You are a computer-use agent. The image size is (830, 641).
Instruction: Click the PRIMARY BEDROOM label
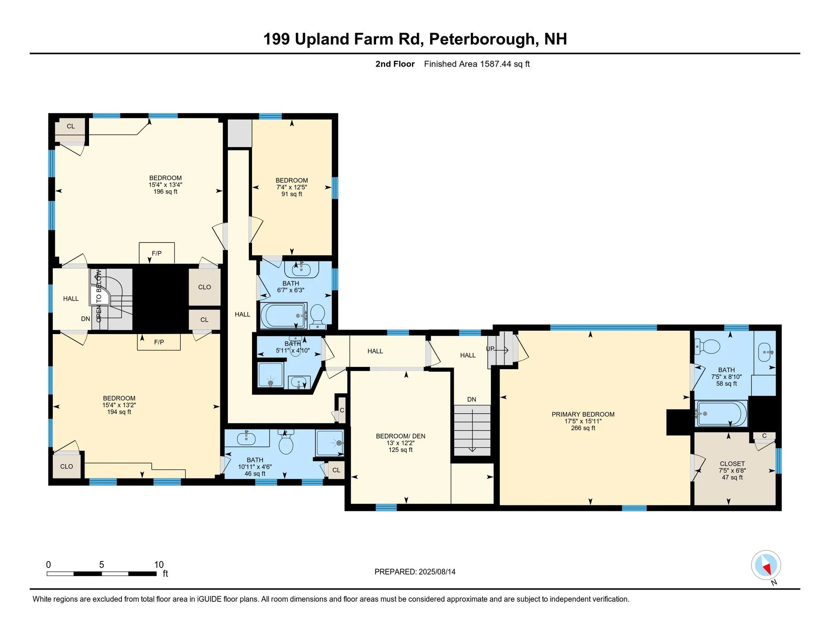tap(583, 414)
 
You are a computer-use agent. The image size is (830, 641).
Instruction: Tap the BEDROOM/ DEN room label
tap(400, 436)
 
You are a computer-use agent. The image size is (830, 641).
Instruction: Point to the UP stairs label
tap(490, 349)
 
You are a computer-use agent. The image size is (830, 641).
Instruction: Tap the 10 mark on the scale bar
tap(159, 564)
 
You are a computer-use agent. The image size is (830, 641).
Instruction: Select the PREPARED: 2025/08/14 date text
tap(415, 572)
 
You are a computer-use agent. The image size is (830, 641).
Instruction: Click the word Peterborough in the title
tap(482, 39)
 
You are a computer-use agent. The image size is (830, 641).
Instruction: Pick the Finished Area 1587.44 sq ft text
tap(476, 64)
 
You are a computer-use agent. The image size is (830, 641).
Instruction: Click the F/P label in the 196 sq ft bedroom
tap(156, 253)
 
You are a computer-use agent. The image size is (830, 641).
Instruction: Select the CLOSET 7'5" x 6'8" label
tap(732, 464)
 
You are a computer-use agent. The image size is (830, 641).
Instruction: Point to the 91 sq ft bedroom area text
tap(291, 194)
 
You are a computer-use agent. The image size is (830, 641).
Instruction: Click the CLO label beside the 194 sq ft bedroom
tap(67, 466)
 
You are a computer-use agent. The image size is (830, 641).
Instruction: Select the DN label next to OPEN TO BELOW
tap(86, 319)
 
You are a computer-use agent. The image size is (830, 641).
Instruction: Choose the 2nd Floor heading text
tap(395, 64)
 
